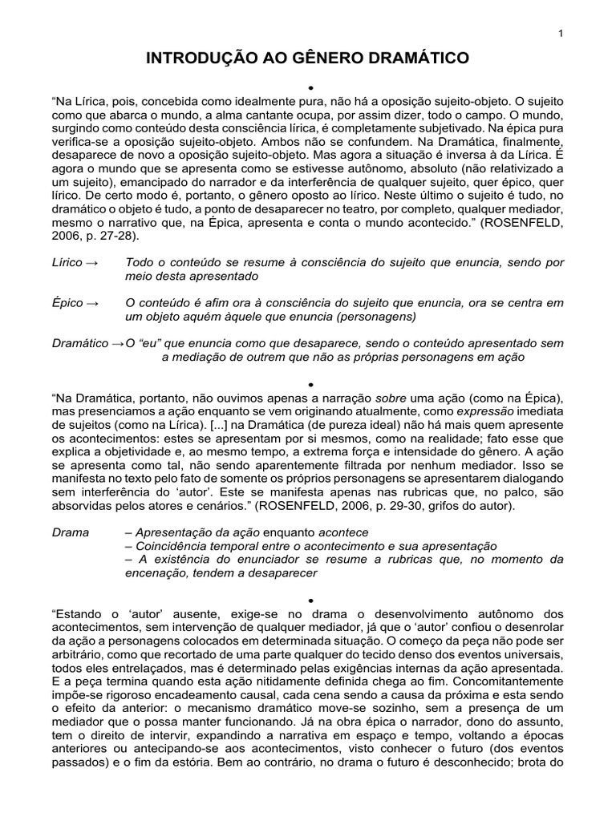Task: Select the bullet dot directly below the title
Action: pyautogui.click(x=308, y=86)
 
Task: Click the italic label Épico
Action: pyautogui.click(x=67, y=303)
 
